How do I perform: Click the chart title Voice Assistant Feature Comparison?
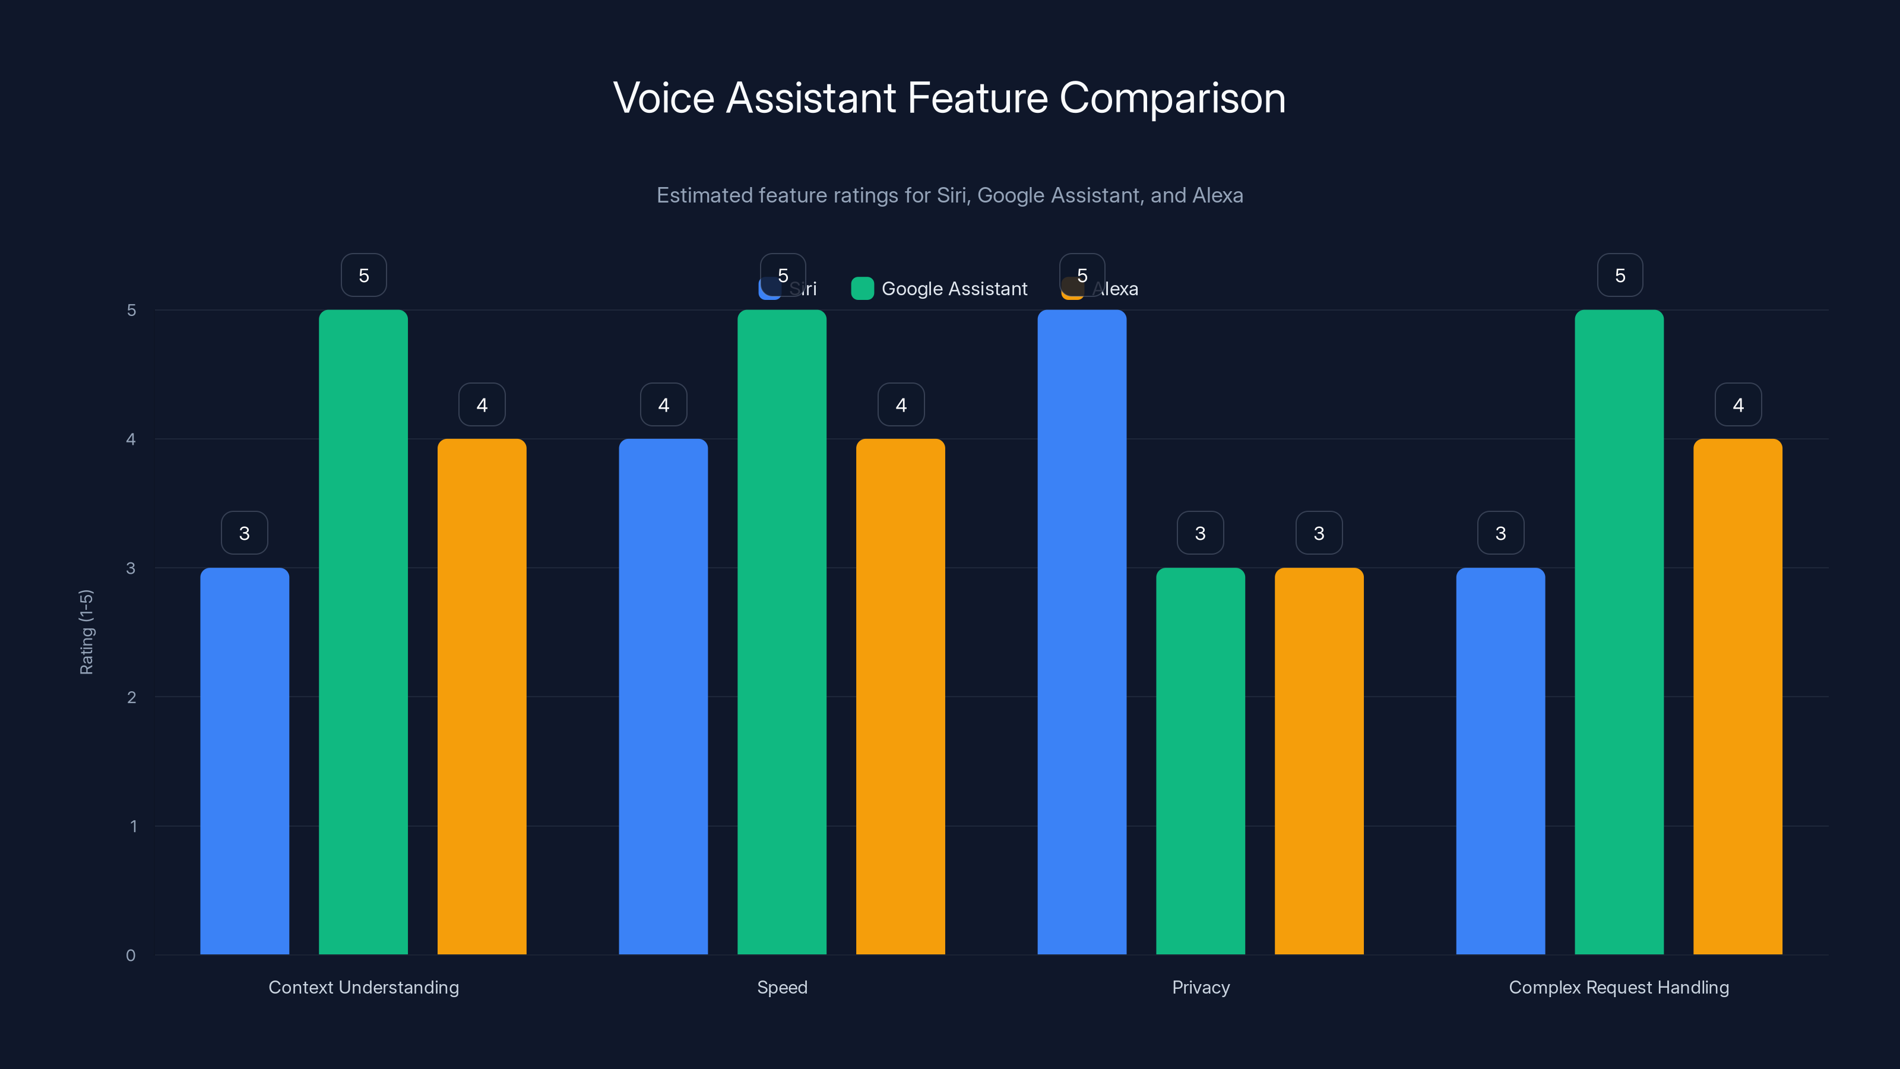pyautogui.click(x=949, y=98)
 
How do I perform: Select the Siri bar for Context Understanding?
pyautogui.click(x=244, y=760)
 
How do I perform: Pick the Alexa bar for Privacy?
pyautogui.click(x=1319, y=760)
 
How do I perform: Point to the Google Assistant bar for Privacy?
pyautogui.click(x=1200, y=760)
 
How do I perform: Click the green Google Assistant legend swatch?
pyautogui.click(x=862, y=289)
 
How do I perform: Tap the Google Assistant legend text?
pyautogui.click(x=954, y=289)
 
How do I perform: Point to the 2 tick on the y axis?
pyautogui.click(x=131, y=697)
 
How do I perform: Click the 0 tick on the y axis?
pyautogui.click(x=131, y=956)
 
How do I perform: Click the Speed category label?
pyautogui.click(x=782, y=987)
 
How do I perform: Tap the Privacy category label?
pyautogui.click(x=1201, y=987)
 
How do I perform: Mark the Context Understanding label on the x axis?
pyautogui.click(x=363, y=987)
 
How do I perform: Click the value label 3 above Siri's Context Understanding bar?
pyautogui.click(x=244, y=533)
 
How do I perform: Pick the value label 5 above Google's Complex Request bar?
pyautogui.click(x=1620, y=275)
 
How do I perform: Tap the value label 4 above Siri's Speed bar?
pyautogui.click(x=664, y=404)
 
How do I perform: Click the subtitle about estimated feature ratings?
pyautogui.click(x=949, y=195)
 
